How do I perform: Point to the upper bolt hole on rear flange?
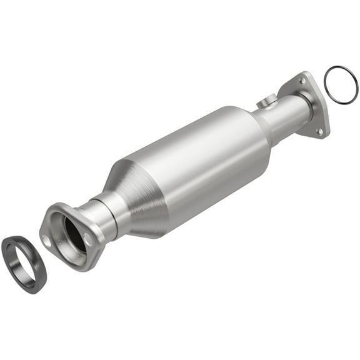304,81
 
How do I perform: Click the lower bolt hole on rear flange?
319,131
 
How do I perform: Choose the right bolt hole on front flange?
89,238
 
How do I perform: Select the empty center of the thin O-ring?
341,84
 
